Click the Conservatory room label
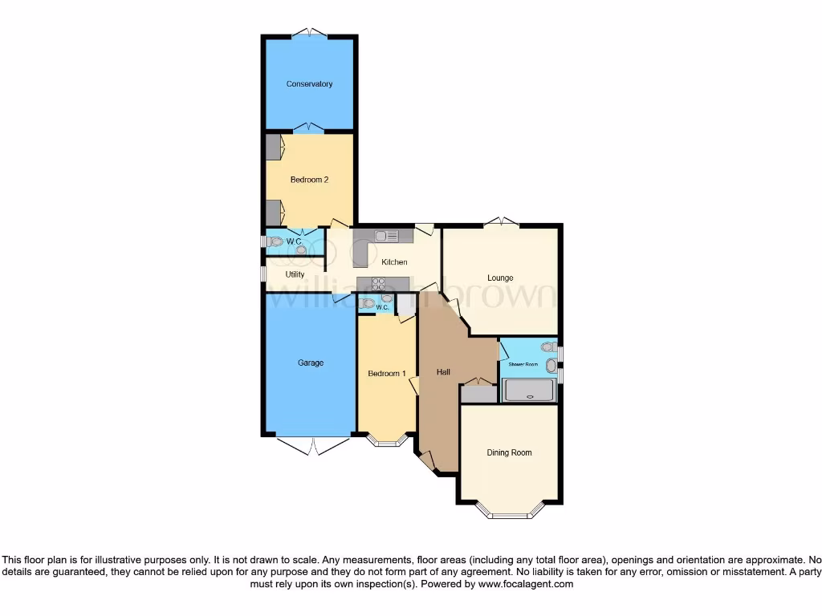tap(309, 84)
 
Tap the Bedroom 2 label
tap(309, 180)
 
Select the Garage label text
tap(311, 363)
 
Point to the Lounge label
tap(500, 278)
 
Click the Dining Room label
tap(509, 453)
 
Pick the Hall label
tap(443, 372)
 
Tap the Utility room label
tap(295, 274)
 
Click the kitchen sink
tap(381, 236)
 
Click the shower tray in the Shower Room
tap(528, 391)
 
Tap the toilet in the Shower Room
tap(549, 347)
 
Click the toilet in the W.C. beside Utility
tap(276, 241)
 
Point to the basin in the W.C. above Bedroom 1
tap(387, 299)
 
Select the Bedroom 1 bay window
tap(388, 440)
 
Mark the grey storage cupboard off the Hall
tap(478, 394)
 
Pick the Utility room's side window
tap(262, 274)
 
